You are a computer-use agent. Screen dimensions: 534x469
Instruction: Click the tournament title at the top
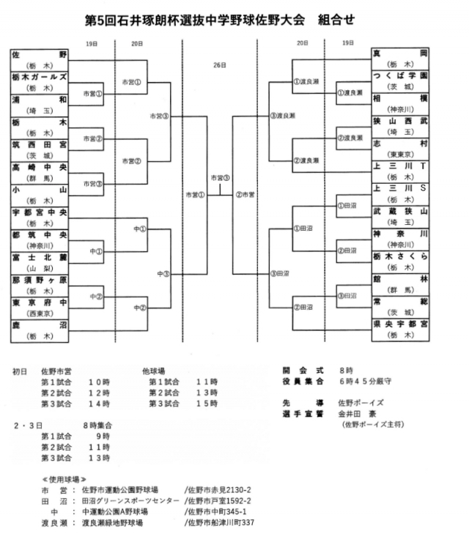pyautogui.click(x=220, y=21)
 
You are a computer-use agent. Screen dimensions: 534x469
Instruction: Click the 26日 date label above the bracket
pyautogui.click(x=220, y=65)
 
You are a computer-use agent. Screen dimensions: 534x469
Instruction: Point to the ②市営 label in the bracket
pyautogui.click(x=245, y=195)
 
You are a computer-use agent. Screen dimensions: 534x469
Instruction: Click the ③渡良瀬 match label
pyautogui.click(x=282, y=116)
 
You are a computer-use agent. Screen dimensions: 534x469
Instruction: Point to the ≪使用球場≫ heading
pyautogui.click(x=65, y=477)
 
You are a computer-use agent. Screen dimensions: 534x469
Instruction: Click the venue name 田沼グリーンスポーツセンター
pyautogui.click(x=130, y=500)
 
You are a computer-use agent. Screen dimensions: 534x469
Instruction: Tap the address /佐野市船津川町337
pyautogui.click(x=219, y=523)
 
